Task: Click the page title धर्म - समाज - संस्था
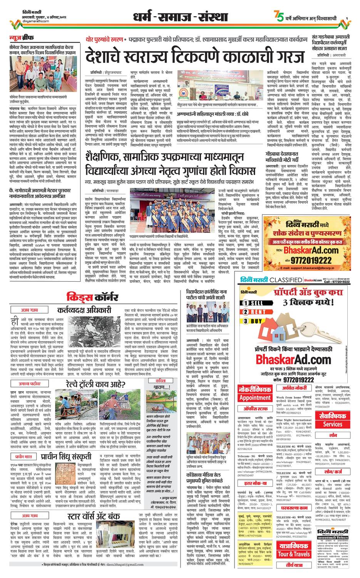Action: (x=179, y=18)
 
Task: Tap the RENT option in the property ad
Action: (x=255, y=311)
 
